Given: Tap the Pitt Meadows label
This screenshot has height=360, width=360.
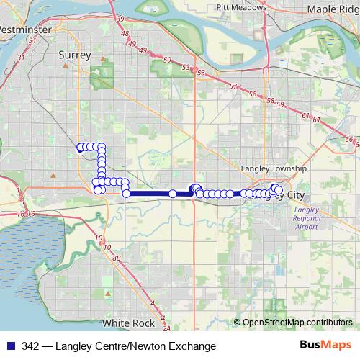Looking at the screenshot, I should (242, 7).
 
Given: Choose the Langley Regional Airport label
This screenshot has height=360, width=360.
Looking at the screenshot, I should (307, 218).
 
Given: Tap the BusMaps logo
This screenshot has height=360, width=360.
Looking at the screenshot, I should (325, 346).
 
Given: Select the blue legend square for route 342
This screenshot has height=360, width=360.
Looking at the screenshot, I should (10, 346).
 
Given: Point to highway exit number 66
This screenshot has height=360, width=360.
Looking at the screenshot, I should (349, 139).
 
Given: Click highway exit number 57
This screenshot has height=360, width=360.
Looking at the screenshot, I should (233, 86).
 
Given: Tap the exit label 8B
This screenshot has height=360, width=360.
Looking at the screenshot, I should (117, 257).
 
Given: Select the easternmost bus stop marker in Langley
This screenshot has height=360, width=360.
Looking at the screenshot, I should (279, 189).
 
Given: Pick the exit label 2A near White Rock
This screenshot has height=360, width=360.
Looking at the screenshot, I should (166, 328).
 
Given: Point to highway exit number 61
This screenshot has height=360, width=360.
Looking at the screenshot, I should (306, 115).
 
